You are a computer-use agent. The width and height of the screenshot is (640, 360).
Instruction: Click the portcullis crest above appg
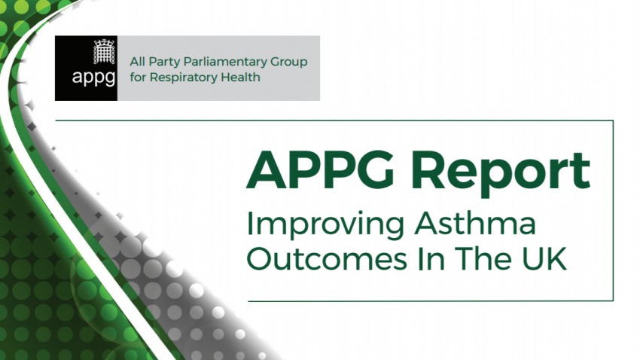[101, 53]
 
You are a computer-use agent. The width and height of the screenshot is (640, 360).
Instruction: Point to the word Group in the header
[288, 62]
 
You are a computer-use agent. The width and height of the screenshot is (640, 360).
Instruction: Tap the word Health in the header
[242, 78]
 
